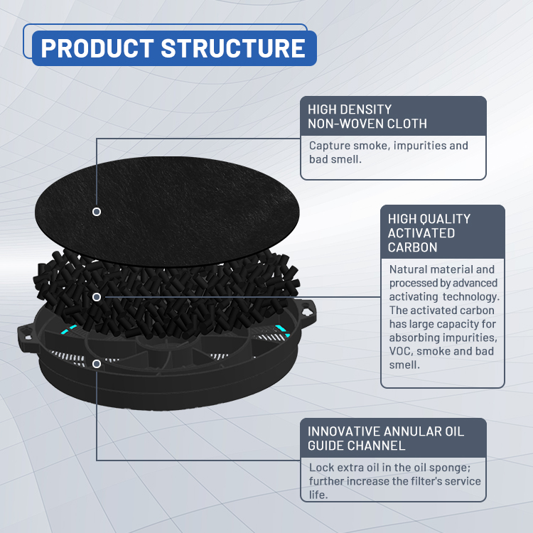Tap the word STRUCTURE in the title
pos(233,48)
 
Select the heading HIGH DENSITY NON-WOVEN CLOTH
pos(367,117)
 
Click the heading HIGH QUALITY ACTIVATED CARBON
pos(429,233)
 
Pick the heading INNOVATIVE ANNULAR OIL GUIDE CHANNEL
pos(386,438)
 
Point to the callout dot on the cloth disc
pos(97,212)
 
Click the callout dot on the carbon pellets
pos(97,297)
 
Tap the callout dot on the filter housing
pos(97,364)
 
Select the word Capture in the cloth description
pos(329,146)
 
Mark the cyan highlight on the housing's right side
pos(282,330)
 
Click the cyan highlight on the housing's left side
pos(69,329)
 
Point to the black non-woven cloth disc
pos(167,212)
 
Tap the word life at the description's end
pos(318,495)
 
